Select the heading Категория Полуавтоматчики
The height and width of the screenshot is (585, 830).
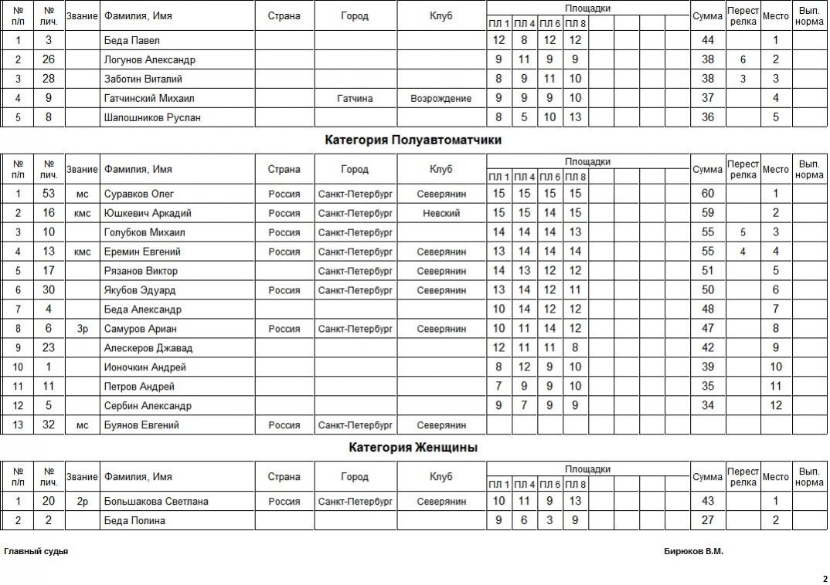pos(413,140)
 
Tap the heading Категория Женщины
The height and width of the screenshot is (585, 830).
pos(413,447)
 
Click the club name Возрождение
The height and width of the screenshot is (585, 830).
pos(441,98)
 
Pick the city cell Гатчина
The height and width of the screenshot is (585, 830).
pos(355,98)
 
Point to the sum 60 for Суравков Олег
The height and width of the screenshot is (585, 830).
pos(707,194)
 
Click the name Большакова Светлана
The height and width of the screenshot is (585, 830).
pos(156,502)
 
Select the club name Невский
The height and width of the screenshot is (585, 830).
pos(441,213)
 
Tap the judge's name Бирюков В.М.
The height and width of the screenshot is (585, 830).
pos(693,552)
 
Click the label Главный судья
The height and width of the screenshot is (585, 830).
pos(36,552)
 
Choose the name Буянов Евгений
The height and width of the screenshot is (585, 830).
pos(141,425)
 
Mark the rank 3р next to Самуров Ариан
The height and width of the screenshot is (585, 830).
pos(82,329)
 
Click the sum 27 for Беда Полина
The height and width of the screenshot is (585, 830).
pos(707,521)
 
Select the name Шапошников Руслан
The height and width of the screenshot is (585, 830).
pos(152,117)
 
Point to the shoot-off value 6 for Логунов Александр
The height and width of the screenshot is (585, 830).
pos(742,59)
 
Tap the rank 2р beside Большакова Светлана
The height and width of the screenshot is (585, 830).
pos(82,502)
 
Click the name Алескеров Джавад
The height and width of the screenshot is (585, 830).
pos(148,348)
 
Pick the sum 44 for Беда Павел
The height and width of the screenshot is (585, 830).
pos(707,40)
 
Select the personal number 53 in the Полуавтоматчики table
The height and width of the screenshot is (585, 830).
pos(49,194)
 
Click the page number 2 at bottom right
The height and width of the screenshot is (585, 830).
pos(824,578)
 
